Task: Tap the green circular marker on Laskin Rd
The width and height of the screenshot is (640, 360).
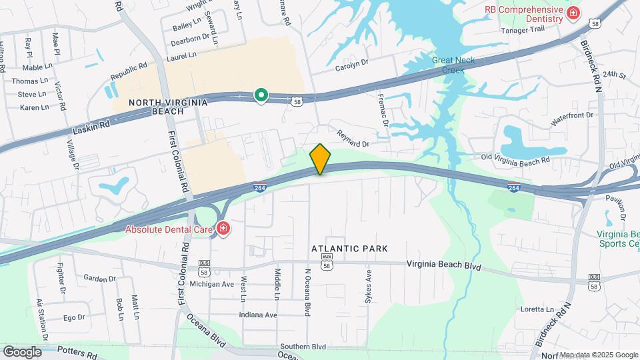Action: click(x=261, y=96)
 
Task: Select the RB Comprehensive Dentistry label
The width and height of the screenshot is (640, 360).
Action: click(x=523, y=15)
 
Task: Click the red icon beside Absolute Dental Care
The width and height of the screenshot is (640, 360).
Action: click(x=223, y=230)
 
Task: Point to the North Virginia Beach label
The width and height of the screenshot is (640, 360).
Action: click(x=168, y=107)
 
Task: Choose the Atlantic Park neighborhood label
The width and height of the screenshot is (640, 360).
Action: click(x=349, y=249)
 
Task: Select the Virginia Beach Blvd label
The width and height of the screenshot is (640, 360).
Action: click(x=443, y=265)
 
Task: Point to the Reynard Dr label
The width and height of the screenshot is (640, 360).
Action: click(x=353, y=137)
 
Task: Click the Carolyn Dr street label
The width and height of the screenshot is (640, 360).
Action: click(x=352, y=63)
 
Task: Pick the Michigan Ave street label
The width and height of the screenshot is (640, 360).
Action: click(x=212, y=284)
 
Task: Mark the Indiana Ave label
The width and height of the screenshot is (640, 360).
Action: click(x=258, y=315)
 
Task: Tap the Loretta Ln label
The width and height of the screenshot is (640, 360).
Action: click(x=537, y=310)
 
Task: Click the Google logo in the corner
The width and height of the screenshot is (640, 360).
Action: click(x=22, y=351)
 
